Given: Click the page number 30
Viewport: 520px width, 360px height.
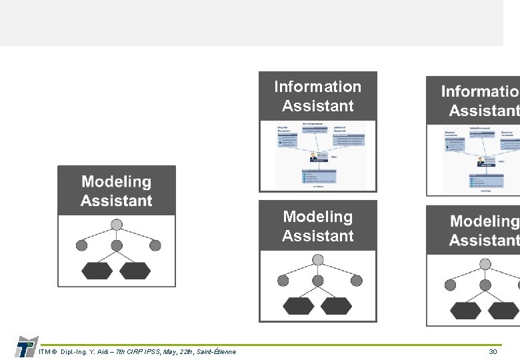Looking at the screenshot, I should (493, 351).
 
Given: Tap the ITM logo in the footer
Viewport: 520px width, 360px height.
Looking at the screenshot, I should (25, 346).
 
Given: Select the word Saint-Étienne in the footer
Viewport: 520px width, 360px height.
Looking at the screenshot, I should (215, 351).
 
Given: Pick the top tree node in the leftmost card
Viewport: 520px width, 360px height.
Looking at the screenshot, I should (117, 225).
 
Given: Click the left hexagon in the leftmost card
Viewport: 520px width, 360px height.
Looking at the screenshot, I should (97, 270).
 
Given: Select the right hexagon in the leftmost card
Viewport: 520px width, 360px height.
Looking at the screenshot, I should (136, 270).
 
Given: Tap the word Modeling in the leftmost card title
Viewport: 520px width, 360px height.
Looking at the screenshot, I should (116, 181).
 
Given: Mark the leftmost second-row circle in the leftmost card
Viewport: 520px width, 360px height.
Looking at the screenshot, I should (82, 245).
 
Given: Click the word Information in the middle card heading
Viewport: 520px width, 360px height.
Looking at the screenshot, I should (317, 87).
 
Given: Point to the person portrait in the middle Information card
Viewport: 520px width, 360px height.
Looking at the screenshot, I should (314, 157).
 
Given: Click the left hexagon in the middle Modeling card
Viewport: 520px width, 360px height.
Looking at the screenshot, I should (298, 305).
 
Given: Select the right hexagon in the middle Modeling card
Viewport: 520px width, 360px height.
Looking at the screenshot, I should (337, 305).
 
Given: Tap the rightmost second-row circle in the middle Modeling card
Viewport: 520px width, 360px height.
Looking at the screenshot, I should (357, 281).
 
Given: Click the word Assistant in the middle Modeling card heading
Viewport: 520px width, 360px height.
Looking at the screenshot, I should (317, 236).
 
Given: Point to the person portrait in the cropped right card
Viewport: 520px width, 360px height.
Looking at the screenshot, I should (480, 161).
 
